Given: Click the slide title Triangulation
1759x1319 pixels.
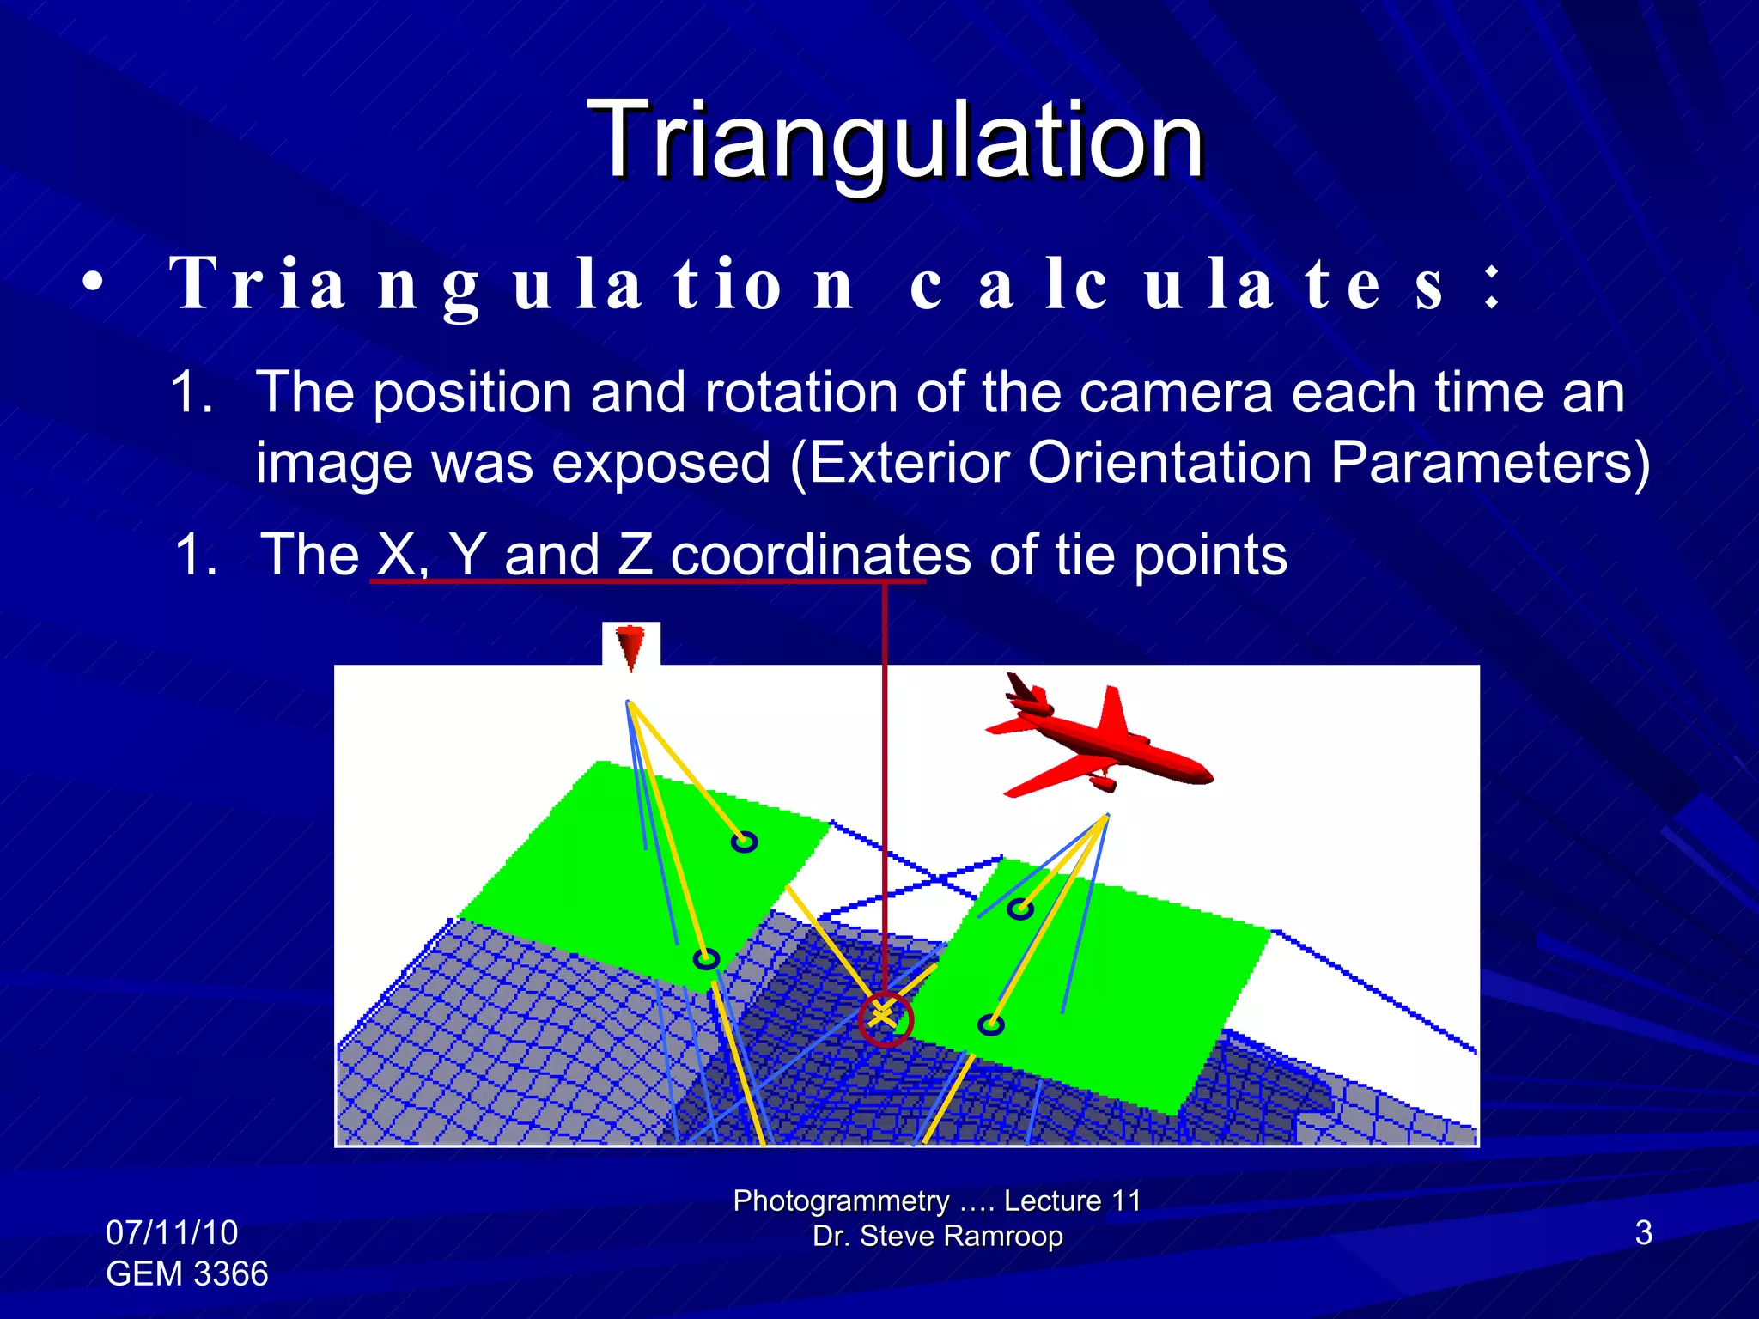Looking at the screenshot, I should pyautogui.click(x=896, y=139).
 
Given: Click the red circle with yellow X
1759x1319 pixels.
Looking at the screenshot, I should pyautogui.click(x=885, y=1019).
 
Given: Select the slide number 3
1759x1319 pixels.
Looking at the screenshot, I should pyautogui.click(x=1643, y=1232).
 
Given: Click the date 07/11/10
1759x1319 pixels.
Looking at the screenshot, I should pyautogui.click(x=172, y=1232).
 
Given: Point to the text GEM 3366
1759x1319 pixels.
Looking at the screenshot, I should pyautogui.click(x=186, y=1273).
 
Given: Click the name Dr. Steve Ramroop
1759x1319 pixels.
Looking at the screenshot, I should pyautogui.click(x=937, y=1236).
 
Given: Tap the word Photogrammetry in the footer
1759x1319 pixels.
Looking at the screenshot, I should pyautogui.click(x=841, y=1200).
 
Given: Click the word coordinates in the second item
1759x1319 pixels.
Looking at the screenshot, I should pyautogui.click(x=820, y=555).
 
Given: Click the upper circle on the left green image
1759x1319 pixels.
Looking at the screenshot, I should pyautogui.click(x=744, y=842).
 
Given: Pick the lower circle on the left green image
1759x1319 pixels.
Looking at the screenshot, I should pyautogui.click(x=706, y=958).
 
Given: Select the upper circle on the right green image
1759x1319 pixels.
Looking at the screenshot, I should pyautogui.click(x=1019, y=908).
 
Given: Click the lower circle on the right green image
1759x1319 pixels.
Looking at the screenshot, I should pyautogui.click(x=990, y=1024).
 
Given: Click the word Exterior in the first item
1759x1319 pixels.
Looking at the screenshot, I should pyautogui.click(x=910, y=463).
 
